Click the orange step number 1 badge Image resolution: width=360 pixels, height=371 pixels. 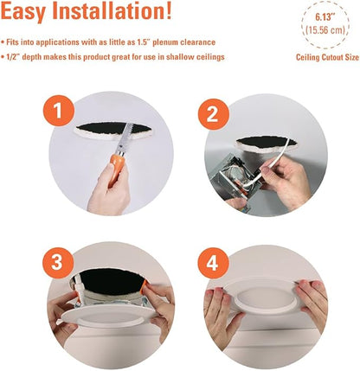[59, 111]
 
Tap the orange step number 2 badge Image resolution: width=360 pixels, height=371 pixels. [214, 114]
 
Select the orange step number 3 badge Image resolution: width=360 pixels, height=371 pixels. [57, 262]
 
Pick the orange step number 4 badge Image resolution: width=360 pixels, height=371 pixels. [213, 262]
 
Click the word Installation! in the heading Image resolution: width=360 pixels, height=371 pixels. [112, 11]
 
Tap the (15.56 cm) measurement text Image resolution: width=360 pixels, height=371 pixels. [325, 30]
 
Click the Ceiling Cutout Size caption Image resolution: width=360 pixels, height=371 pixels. [327, 57]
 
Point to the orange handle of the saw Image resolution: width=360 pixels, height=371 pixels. [118, 170]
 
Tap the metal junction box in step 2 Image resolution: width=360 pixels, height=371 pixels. [234, 179]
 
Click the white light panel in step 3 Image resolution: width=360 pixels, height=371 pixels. [109, 317]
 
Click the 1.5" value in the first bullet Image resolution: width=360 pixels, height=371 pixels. [142, 42]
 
